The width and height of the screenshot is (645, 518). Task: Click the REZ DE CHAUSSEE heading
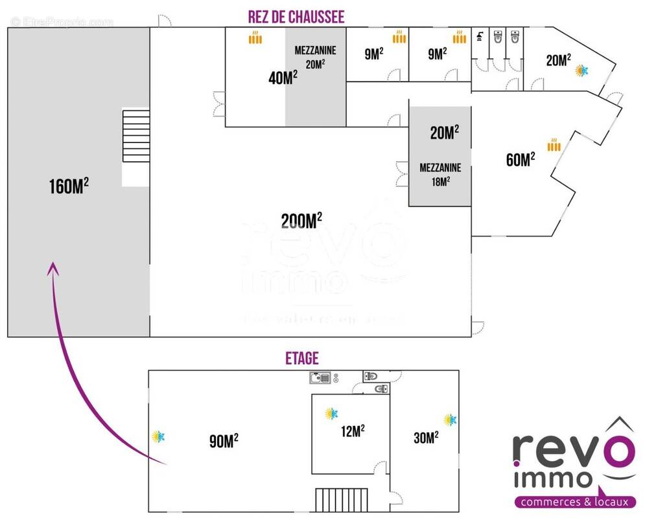296,17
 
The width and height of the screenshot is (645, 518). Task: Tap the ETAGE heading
302,359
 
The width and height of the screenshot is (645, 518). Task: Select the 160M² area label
69,186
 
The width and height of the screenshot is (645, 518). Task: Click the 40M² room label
283,78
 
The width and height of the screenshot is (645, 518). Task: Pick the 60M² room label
521,159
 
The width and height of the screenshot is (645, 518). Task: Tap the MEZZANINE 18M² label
440,174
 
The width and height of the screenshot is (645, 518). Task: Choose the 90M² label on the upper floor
224,441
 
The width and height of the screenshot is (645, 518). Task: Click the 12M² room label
351,431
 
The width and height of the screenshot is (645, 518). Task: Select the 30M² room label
426,438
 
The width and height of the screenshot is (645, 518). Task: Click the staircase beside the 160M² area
136,136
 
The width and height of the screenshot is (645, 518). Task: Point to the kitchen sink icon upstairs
320,377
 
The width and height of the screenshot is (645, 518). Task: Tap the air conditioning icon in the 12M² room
332,413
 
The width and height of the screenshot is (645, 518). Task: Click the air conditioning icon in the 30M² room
449,420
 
